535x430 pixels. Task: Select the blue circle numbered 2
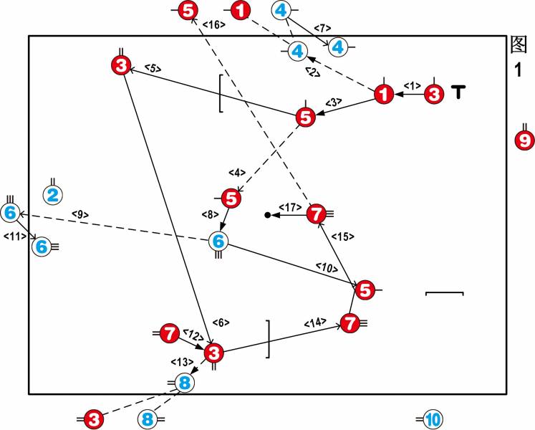coord(53,194)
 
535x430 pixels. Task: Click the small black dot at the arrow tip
coord(267,214)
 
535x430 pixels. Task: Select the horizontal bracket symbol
coord(445,293)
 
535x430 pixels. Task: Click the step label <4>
coord(237,173)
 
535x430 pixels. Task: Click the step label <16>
coord(213,25)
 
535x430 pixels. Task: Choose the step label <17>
coord(289,206)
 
